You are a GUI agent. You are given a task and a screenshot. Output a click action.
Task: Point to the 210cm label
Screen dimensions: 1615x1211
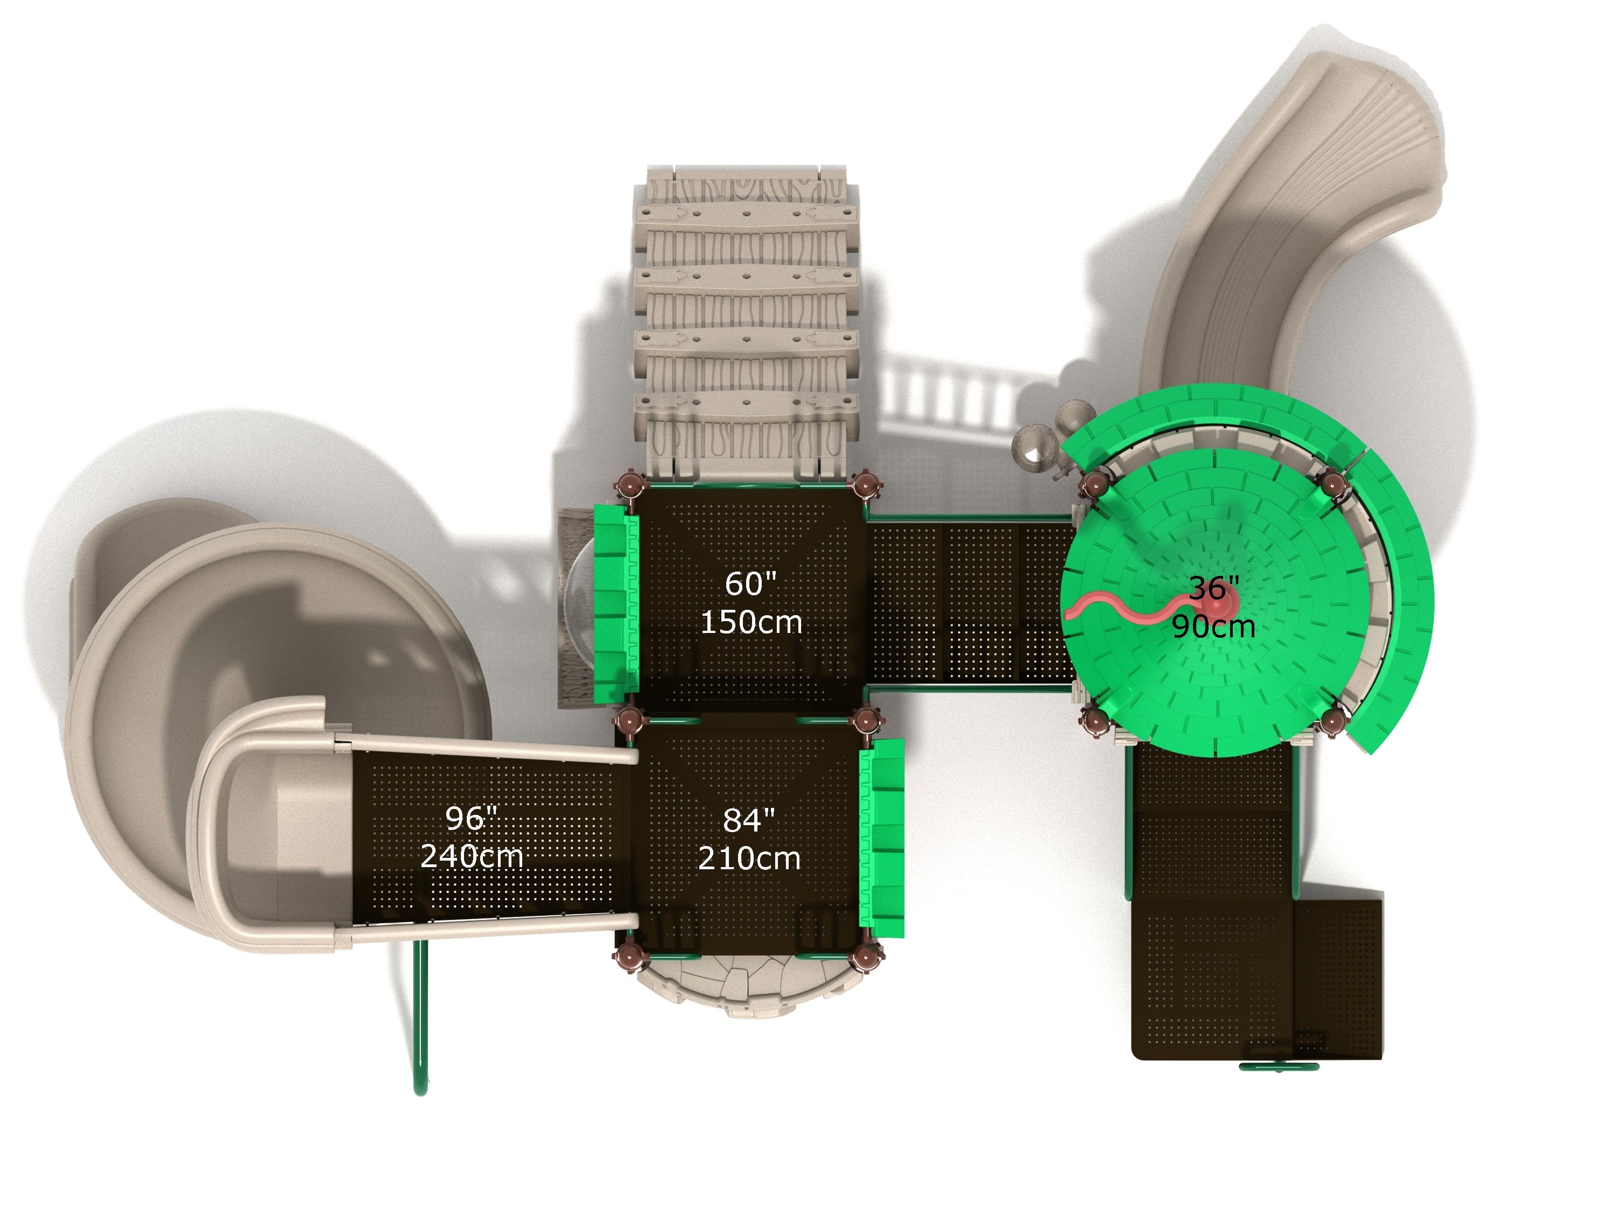point(749,858)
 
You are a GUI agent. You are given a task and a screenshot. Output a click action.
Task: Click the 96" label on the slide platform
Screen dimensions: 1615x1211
point(471,818)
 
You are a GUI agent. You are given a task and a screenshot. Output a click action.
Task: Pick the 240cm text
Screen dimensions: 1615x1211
point(472,856)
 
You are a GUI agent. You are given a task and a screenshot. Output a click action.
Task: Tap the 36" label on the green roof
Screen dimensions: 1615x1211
point(1214,588)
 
